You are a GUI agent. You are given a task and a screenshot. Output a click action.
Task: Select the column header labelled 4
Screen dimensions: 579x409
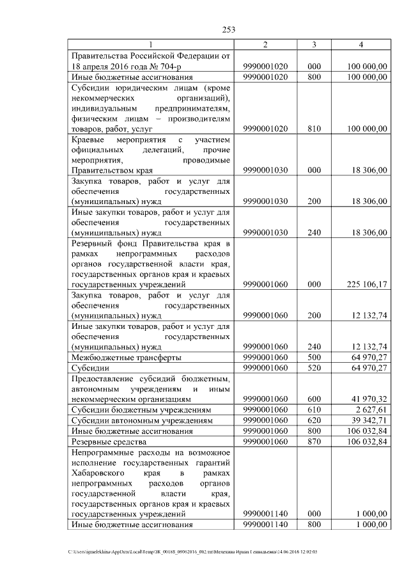coord(361,45)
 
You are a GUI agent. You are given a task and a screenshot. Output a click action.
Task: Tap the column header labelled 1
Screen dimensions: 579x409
coord(151,45)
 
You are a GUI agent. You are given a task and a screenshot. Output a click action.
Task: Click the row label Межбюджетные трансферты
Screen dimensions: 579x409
coord(126,357)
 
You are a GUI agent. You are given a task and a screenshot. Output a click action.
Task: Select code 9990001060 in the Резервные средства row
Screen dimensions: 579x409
coord(266,441)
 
